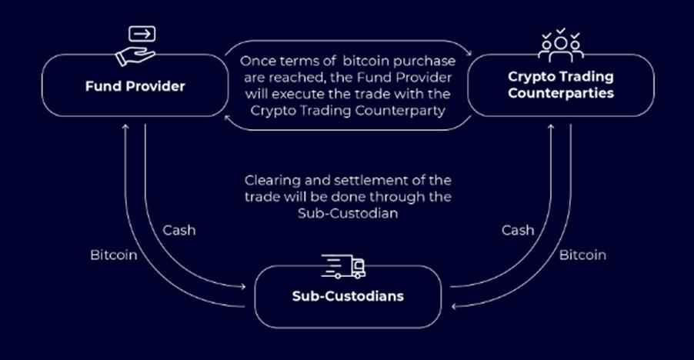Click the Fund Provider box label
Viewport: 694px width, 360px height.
click(135, 85)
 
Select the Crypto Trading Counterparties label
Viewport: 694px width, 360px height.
click(560, 85)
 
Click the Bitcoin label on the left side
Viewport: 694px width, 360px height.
click(113, 255)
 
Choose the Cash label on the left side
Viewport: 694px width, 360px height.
click(179, 230)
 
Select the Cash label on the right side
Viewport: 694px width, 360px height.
click(518, 230)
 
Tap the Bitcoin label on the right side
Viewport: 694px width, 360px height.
click(582, 255)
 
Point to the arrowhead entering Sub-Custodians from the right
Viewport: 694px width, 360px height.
click(455, 306)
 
